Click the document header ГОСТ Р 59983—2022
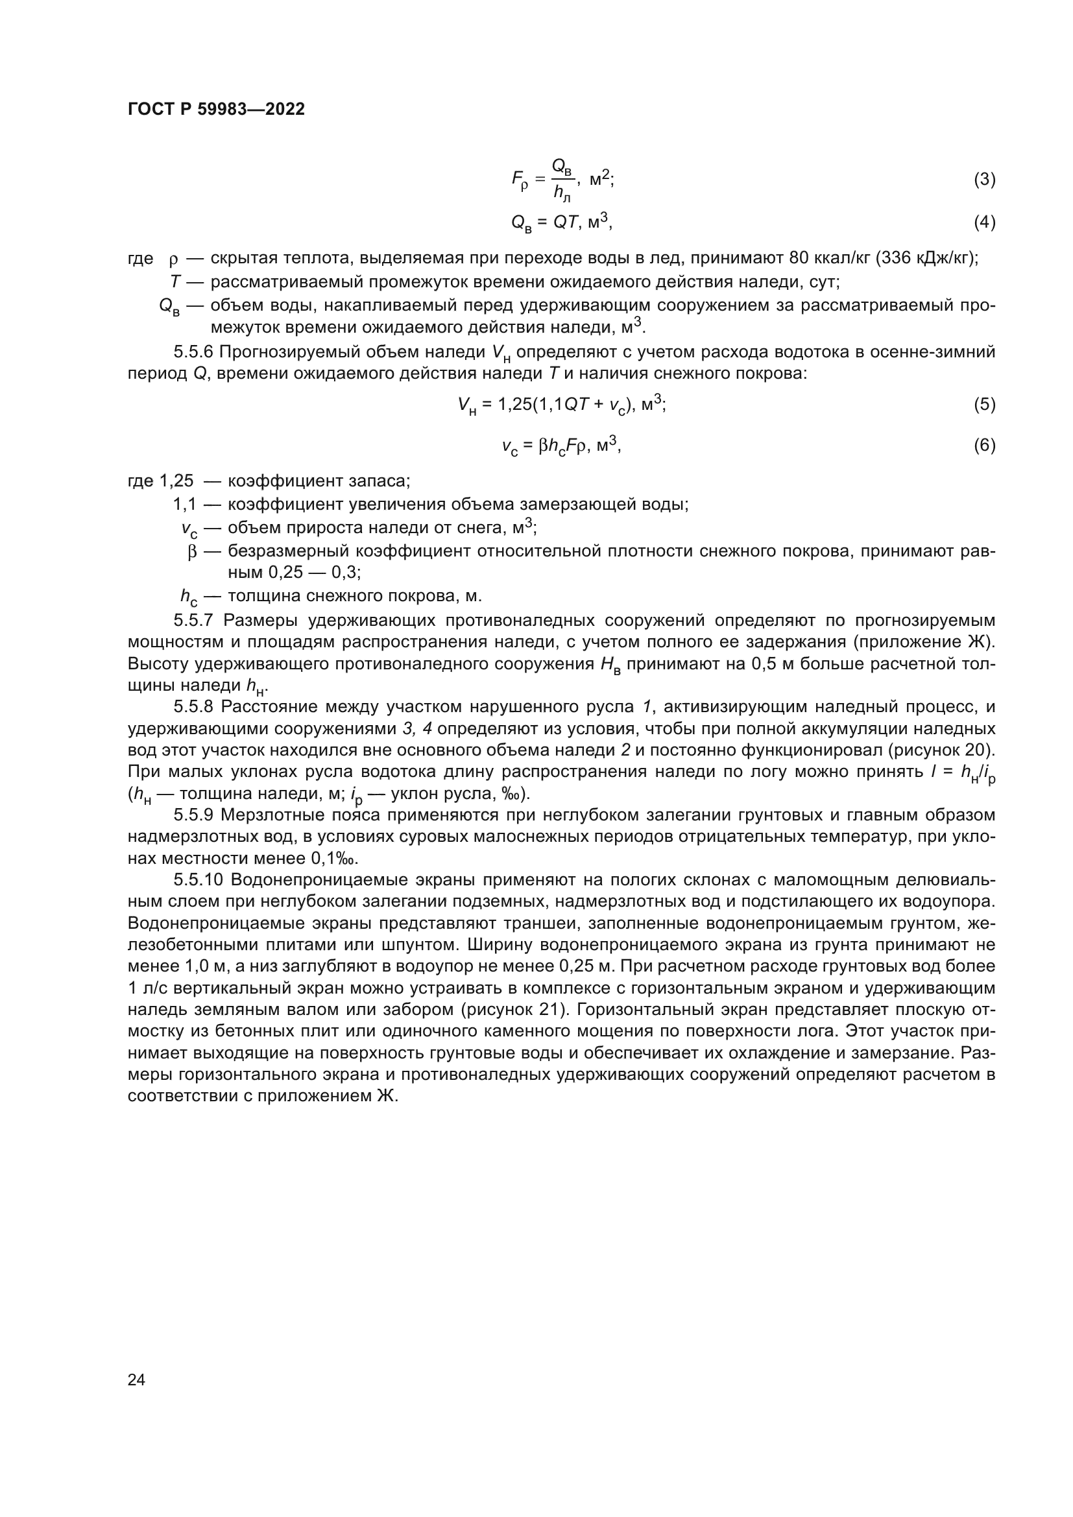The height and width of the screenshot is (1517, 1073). pos(216,110)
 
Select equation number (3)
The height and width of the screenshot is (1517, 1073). pos(984,179)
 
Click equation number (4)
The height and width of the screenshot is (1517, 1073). pos(984,222)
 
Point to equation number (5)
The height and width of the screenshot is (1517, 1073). pos(984,404)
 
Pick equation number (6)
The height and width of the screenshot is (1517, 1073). pos(984,446)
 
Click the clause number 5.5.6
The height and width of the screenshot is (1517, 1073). pos(195,352)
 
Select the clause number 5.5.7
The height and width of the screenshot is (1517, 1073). pos(195,621)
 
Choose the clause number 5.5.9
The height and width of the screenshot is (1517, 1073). pos(195,815)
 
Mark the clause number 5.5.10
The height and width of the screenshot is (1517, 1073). pos(199,880)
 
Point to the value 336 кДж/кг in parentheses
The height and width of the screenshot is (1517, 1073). pos(926,257)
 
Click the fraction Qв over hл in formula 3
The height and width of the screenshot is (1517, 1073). pos(562,179)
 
